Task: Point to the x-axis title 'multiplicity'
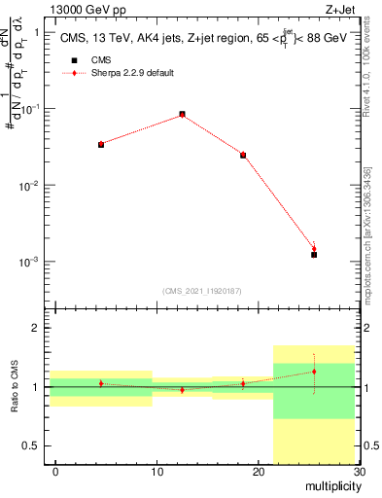(330, 485)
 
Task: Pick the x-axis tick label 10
(156, 472)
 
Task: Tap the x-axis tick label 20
(258, 472)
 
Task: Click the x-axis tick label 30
(358, 472)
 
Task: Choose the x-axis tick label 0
(55, 472)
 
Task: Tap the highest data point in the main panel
(182, 114)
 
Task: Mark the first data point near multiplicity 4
(101, 144)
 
